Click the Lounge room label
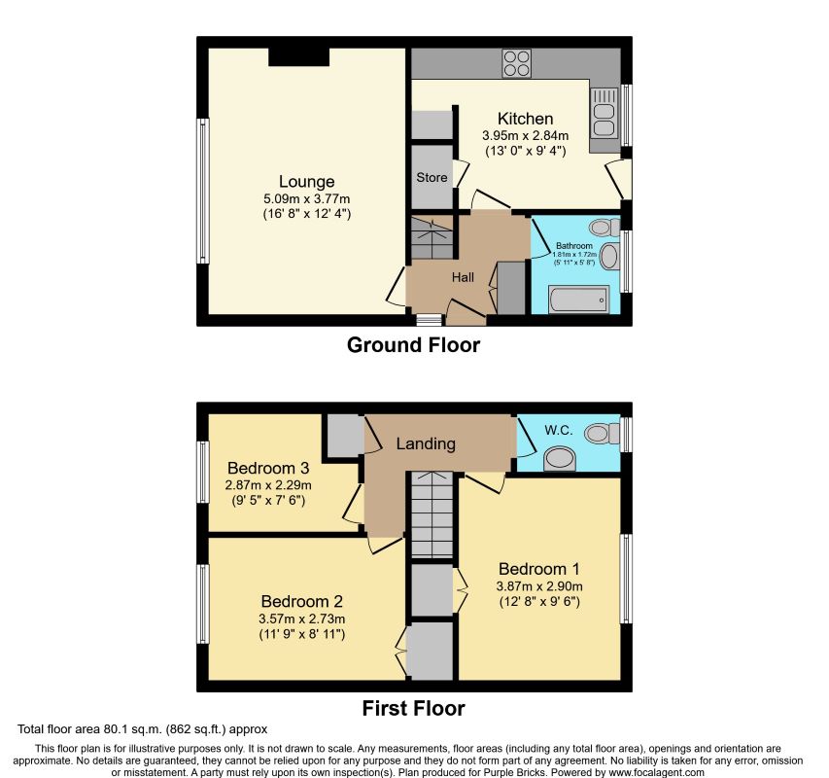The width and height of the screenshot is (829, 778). (x=307, y=182)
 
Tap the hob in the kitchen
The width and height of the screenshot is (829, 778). (x=516, y=63)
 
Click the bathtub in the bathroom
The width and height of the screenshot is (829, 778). (x=579, y=300)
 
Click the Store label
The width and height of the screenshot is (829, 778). (x=432, y=178)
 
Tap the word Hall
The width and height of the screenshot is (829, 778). (x=463, y=277)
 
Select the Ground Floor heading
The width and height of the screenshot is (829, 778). (x=413, y=345)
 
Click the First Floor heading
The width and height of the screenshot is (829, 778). (x=413, y=708)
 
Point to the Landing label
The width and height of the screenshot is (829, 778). (x=426, y=443)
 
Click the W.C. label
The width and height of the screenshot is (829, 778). (x=559, y=431)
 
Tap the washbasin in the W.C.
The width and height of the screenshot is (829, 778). (x=560, y=458)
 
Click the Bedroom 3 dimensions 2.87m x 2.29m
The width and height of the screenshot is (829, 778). (x=268, y=485)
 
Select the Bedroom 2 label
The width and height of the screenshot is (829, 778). (x=302, y=601)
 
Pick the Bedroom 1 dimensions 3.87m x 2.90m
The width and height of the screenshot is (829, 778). (x=539, y=586)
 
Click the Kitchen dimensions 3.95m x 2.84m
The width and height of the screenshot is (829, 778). (x=526, y=135)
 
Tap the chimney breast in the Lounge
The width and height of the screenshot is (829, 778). (x=298, y=57)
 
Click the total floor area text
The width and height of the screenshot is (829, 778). (x=142, y=729)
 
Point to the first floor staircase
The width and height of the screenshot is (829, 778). (x=432, y=514)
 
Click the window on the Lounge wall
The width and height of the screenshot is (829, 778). (x=203, y=191)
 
